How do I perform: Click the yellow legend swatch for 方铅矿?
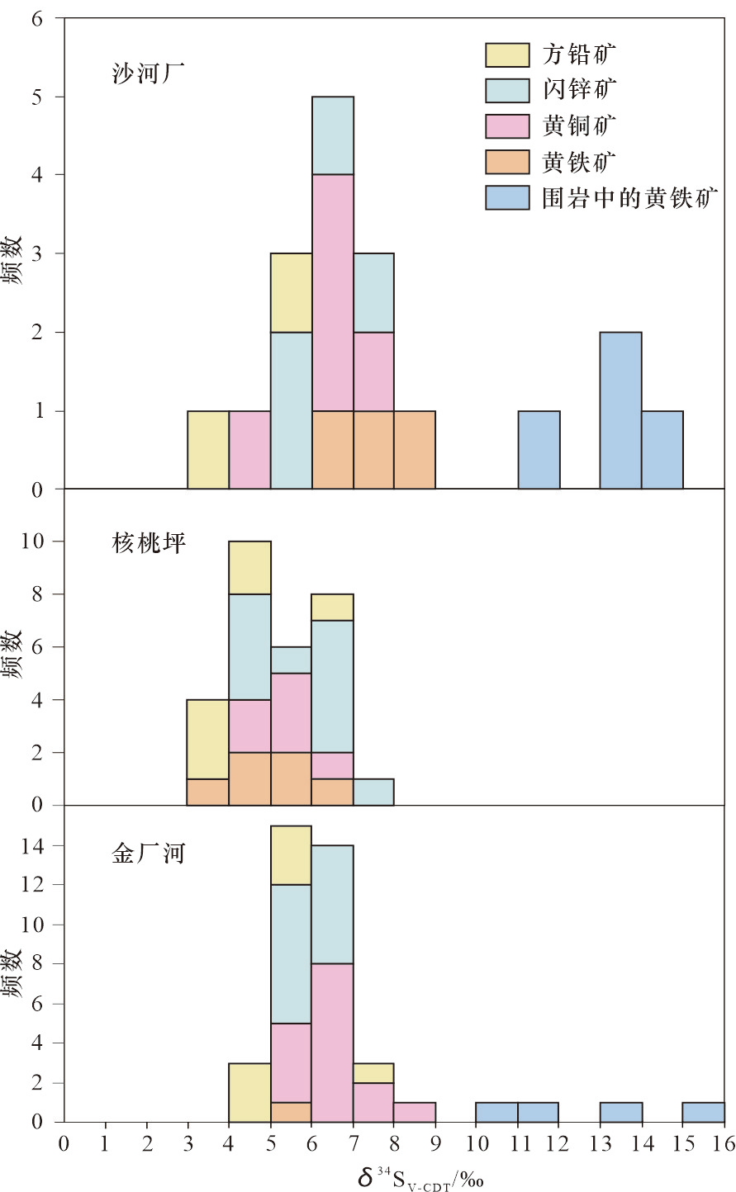[x=506, y=54]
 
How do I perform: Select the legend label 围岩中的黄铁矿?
[x=629, y=198]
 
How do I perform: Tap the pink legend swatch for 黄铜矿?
[x=506, y=126]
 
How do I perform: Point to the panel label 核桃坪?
[x=149, y=543]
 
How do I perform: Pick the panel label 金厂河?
[x=149, y=853]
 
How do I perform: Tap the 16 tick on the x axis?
[x=724, y=1143]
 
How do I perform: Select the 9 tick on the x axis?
[x=435, y=1143]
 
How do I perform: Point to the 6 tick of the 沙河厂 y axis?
[x=36, y=18]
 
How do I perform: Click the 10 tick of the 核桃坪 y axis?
[x=31, y=542]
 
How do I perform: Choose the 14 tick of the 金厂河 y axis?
[x=31, y=845]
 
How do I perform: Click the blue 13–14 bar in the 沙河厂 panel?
[x=620, y=410]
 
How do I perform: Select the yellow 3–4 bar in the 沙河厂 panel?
[x=208, y=450]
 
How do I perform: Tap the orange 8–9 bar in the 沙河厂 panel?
[x=415, y=450]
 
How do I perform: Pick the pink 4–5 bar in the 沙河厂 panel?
[x=249, y=450]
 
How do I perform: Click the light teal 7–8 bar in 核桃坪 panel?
[x=373, y=792]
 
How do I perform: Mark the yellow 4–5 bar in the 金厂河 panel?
[x=249, y=1092]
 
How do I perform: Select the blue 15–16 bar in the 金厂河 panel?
[x=704, y=1112]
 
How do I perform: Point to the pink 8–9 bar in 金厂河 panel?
[x=415, y=1112]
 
